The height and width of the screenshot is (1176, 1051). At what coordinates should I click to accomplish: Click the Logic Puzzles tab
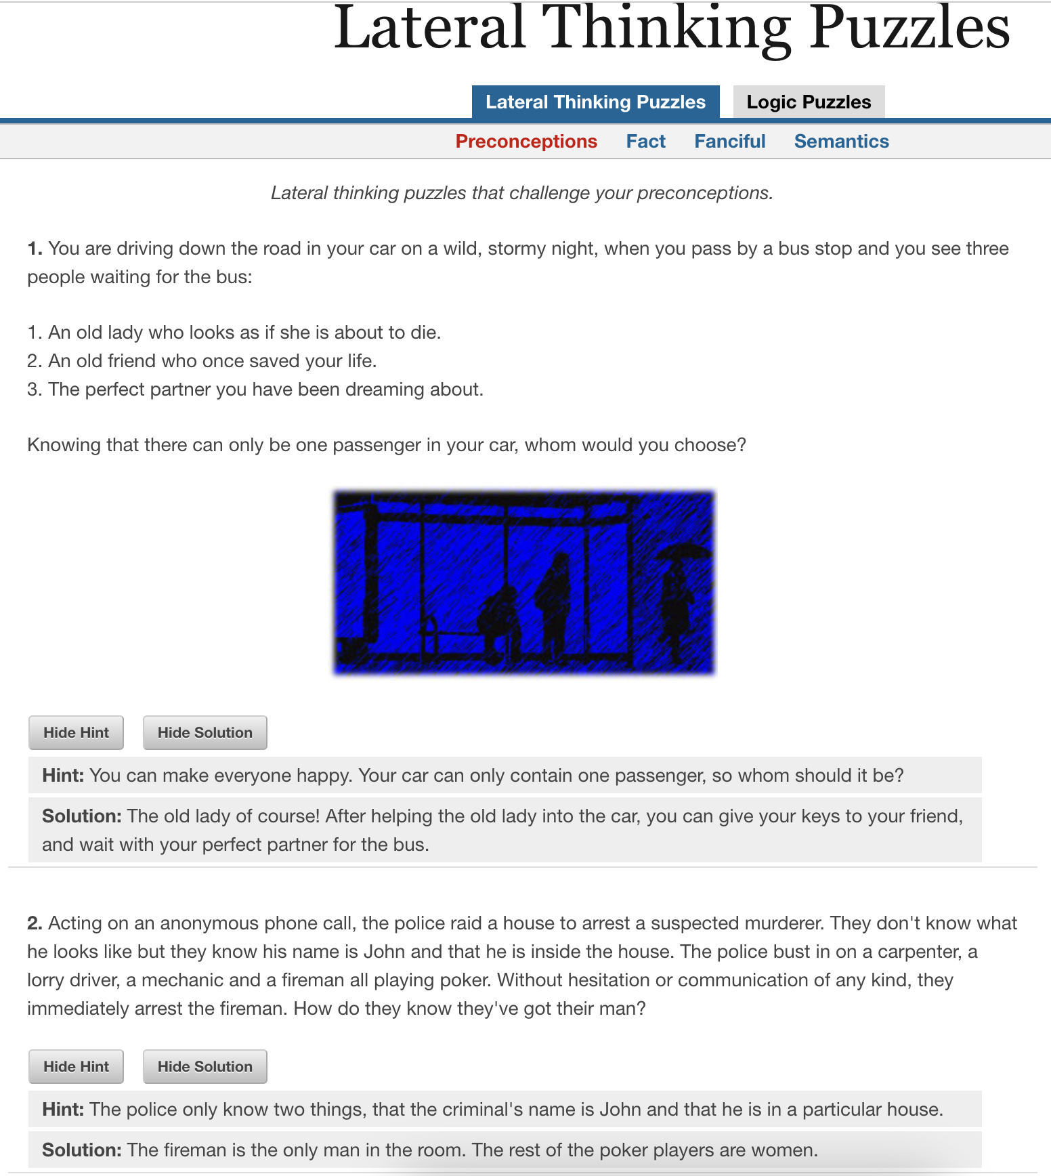(809, 102)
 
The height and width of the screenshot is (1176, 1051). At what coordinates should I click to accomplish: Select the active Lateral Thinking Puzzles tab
(595, 102)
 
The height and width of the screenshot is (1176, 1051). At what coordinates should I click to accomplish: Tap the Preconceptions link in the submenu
(526, 142)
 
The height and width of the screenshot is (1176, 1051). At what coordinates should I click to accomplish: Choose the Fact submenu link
(645, 142)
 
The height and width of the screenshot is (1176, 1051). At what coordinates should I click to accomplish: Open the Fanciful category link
(729, 142)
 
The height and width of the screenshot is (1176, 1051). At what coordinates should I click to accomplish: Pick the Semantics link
(841, 142)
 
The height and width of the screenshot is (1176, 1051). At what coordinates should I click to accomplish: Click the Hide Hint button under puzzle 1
(76, 733)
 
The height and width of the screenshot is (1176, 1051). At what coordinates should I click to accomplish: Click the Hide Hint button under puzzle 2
(76, 1067)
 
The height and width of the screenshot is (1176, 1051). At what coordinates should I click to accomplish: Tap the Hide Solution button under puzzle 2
(205, 1067)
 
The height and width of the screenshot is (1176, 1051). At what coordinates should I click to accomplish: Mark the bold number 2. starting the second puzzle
(35, 923)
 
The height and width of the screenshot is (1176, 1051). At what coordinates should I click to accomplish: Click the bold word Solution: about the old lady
(81, 816)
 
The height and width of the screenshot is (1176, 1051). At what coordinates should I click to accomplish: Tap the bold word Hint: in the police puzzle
(63, 1110)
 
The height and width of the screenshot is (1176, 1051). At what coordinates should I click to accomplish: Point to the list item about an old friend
(202, 361)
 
